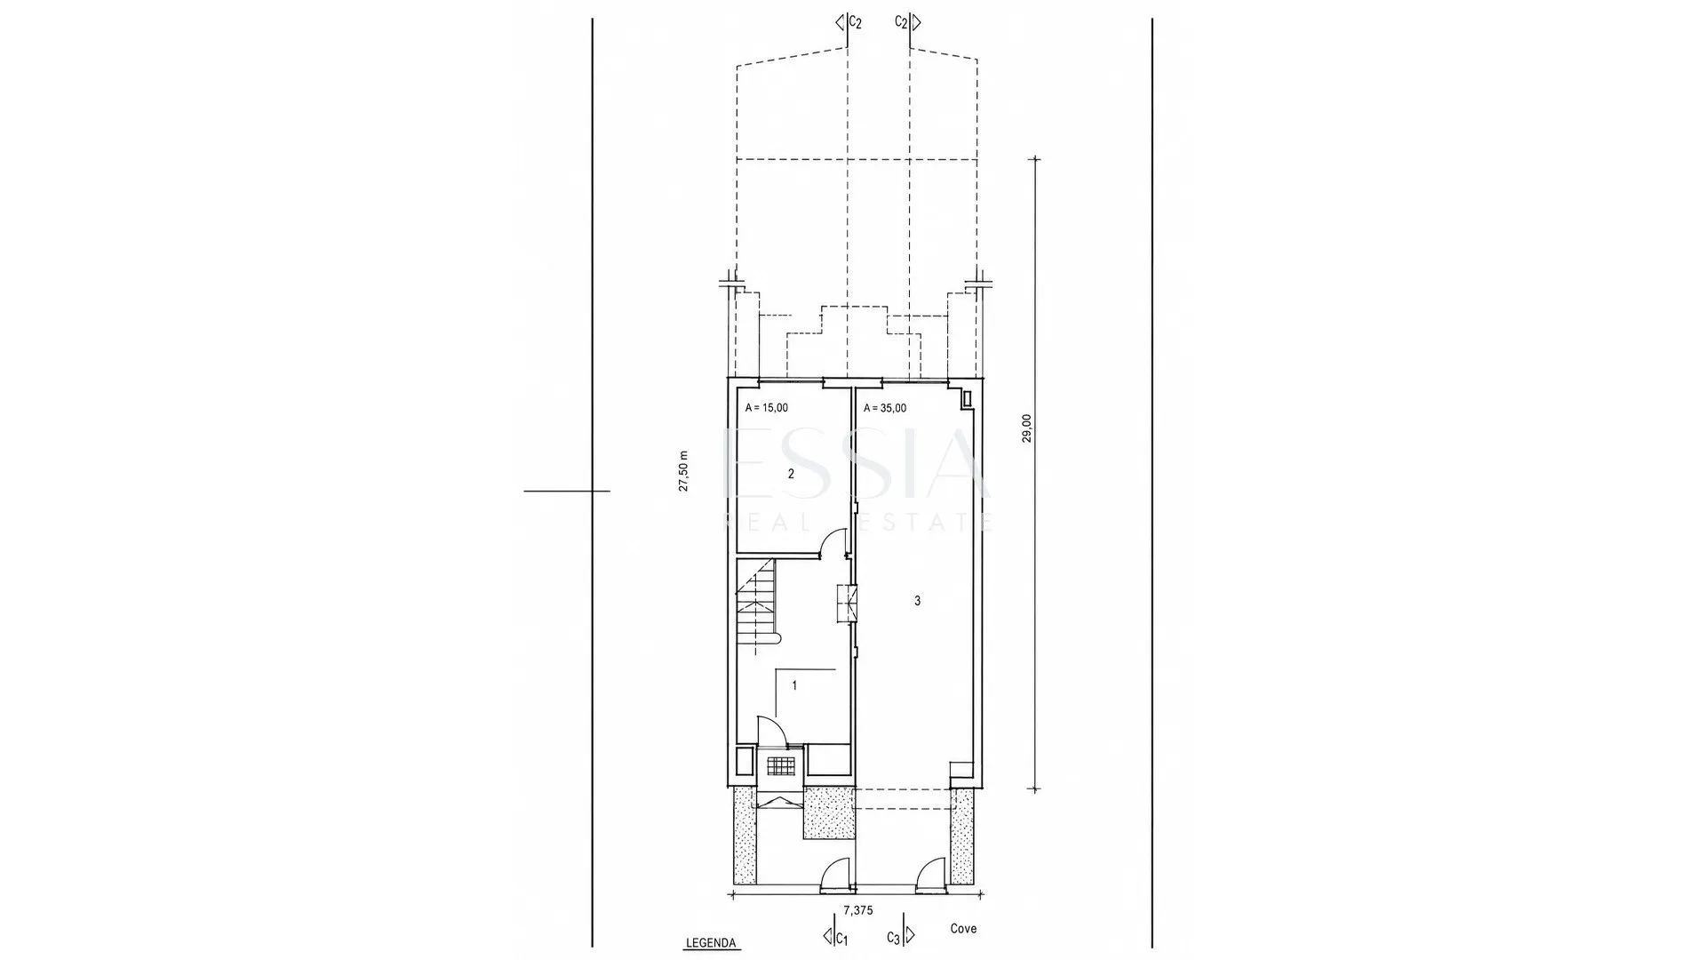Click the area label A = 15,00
tap(766, 408)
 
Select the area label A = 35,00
tap(885, 408)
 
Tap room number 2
tap(792, 474)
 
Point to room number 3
tap(918, 601)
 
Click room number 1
tap(794, 685)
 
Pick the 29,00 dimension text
tap(1027, 428)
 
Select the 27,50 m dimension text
tap(683, 470)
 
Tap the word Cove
tap(963, 929)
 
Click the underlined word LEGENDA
tap(711, 943)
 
